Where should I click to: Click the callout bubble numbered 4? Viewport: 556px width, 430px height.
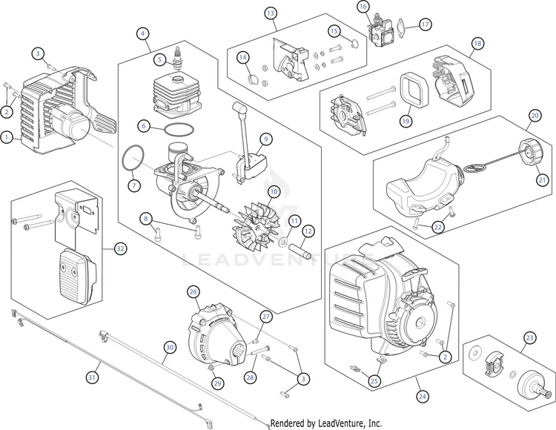[142, 33]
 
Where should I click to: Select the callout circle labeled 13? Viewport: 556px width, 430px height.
[271, 13]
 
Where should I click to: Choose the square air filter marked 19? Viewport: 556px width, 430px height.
[415, 90]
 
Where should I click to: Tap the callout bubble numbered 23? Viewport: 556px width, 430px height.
[529, 338]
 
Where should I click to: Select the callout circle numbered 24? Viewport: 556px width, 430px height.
[422, 396]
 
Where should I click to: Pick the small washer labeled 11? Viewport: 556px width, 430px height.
[283, 243]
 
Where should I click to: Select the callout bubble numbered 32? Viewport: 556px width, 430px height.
[120, 248]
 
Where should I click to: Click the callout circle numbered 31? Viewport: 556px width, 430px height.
[92, 377]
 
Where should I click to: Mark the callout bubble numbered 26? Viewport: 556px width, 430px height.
[193, 292]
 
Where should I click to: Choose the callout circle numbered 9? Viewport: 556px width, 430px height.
[266, 139]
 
